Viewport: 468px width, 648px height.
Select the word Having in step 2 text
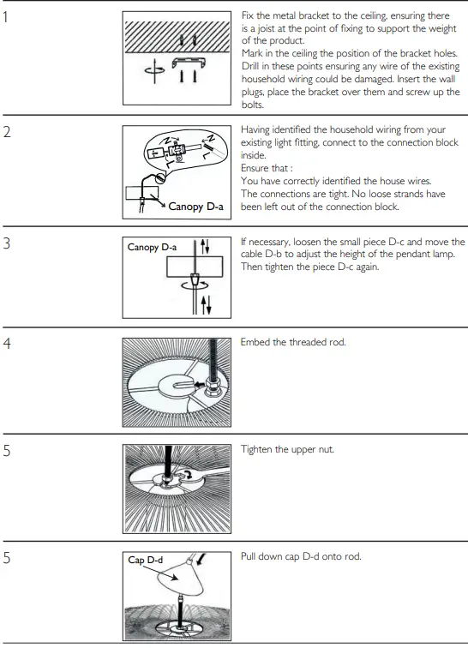259,129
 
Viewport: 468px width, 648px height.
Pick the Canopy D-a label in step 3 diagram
152,248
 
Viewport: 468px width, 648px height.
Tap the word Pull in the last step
250,556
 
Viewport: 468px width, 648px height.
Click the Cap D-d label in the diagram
145,561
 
